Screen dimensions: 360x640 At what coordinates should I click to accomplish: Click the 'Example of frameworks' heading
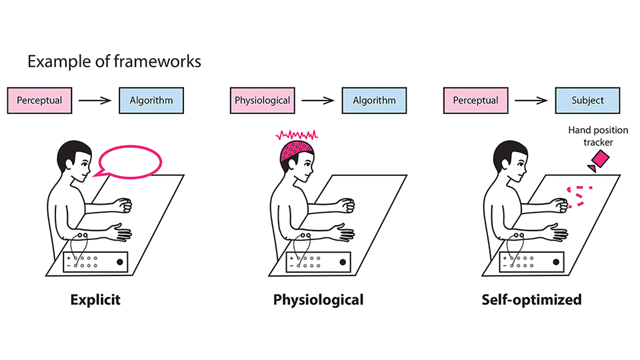click(114, 63)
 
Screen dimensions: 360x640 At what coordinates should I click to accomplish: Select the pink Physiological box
click(263, 101)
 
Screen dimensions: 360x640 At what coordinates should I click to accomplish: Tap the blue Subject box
click(587, 101)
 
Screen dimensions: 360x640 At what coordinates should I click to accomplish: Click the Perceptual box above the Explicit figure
click(39, 101)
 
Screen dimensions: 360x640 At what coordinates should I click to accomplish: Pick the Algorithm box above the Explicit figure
click(151, 101)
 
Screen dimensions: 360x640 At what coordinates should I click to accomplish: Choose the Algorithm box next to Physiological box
click(374, 101)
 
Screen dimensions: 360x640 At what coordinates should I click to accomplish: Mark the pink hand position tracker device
click(599, 160)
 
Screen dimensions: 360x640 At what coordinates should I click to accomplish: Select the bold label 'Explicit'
click(96, 300)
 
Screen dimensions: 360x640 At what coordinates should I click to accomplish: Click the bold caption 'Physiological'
click(319, 300)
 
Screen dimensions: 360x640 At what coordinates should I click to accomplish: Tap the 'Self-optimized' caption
click(531, 300)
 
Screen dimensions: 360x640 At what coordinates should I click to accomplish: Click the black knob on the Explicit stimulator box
click(121, 262)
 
